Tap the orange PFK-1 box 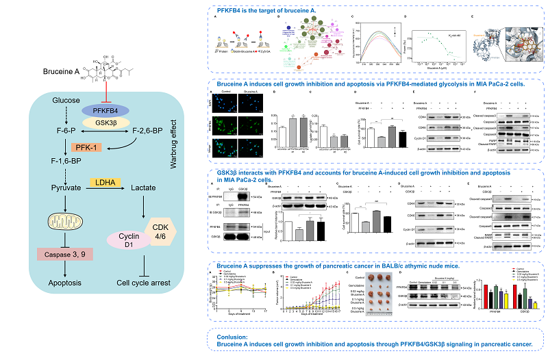(x=87, y=146)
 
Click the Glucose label (x=66, y=101)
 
